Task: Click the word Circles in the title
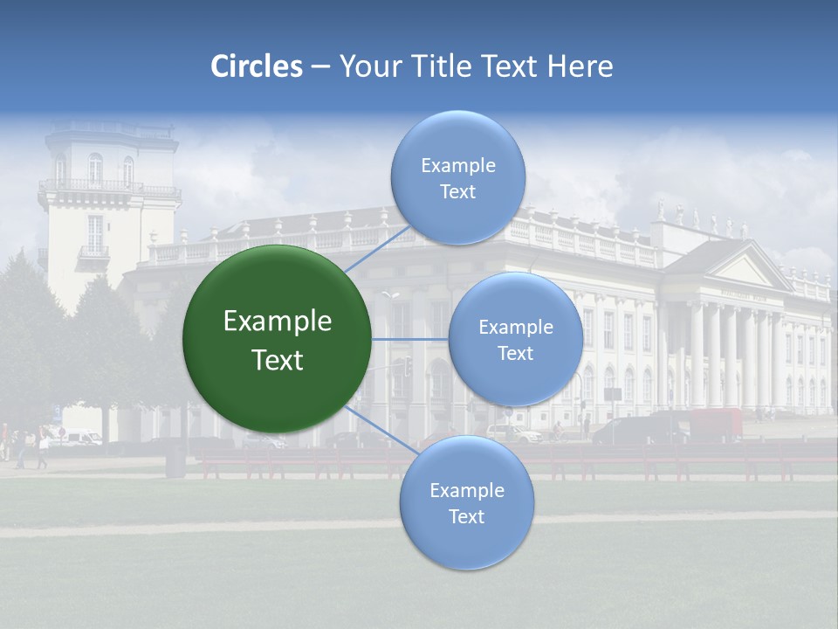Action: tap(257, 66)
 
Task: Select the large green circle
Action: tap(277, 339)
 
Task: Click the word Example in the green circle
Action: tap(278, 321)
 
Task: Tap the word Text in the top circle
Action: tap(457, 191)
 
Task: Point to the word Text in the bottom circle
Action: tap(466, 516)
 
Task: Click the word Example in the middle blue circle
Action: tap(515, 328)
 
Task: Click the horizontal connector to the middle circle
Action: tap(409, 338)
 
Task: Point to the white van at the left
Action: tap(80, 439)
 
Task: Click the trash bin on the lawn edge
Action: tap(175, 460)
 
